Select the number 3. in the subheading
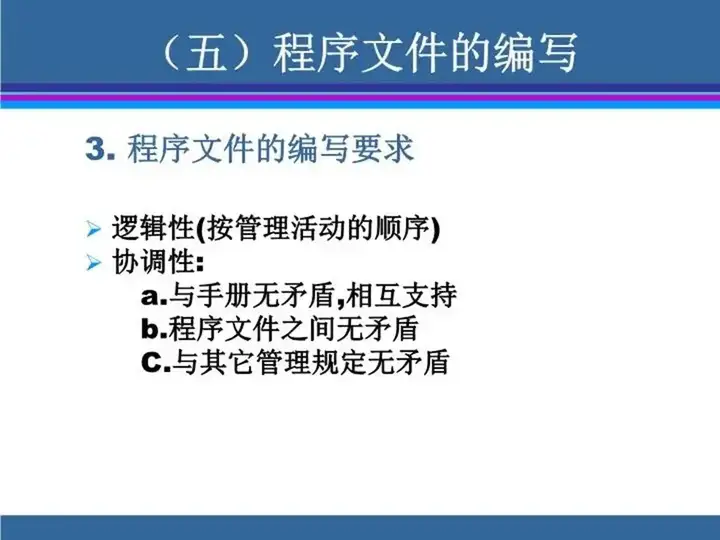tap(100, 149)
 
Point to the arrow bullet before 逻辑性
tap(93, 229)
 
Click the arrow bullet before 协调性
tap(93, 263)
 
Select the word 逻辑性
tap(153, 228)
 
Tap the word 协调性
tap(153, 262)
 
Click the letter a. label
tap(155, 296)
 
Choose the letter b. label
tap(155, 329)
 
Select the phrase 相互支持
tap(402, 296)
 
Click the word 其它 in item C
tap(227, 363)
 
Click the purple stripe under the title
tap(360, 96)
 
